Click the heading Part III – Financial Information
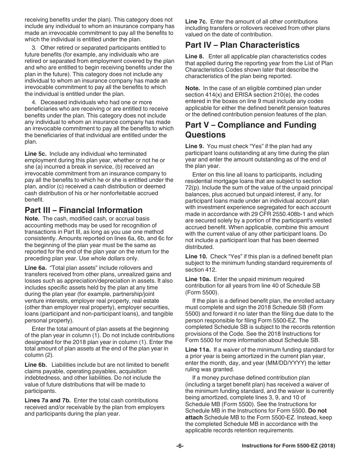[83, 210]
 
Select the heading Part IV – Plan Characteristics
[242, 45]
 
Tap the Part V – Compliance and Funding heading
[250, 125]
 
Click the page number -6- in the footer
[180, 446]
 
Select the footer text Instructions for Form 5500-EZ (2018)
[288, 446]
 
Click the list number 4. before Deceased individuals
[34, 102]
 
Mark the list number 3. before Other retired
[34, 48]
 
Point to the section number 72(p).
[193, 188]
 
